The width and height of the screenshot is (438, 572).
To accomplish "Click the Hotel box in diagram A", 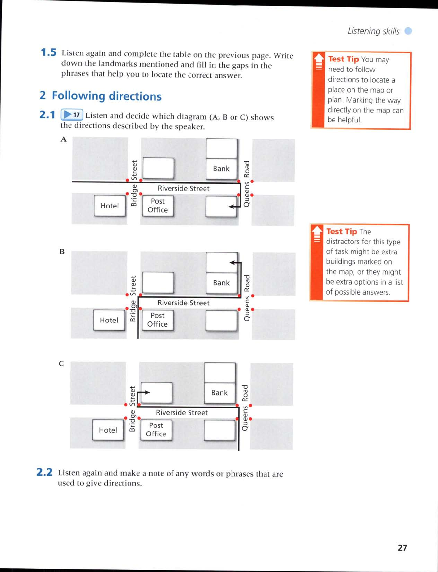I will tap(110, 206).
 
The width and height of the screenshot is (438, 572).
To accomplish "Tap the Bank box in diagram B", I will tap(221, 283).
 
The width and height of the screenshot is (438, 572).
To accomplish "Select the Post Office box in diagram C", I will tap(156, 430).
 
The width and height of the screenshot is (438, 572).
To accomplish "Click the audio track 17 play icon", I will tap(72, 115).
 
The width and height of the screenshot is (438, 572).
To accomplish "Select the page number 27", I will tap(402, 548).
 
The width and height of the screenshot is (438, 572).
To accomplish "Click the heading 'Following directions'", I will tap(106, 96).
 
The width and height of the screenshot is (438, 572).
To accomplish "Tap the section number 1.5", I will tap(48, 53).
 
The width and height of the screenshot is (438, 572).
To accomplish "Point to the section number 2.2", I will tap(44, 472).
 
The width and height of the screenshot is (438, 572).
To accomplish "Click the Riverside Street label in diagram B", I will tap(183, 303).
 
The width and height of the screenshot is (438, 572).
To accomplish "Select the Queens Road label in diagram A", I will tap(247, 184).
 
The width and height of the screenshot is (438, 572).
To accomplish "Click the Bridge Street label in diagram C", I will tap(132, 409).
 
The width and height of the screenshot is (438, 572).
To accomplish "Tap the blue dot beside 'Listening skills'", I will tap(408, 31).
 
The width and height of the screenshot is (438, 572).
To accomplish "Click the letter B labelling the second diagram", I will tap(62, 251).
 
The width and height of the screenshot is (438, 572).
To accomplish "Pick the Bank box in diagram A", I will tap(221, 169).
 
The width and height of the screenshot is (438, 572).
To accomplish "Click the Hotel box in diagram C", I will tap(108, 430).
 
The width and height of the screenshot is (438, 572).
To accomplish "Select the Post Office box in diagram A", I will tap(158, 206).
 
